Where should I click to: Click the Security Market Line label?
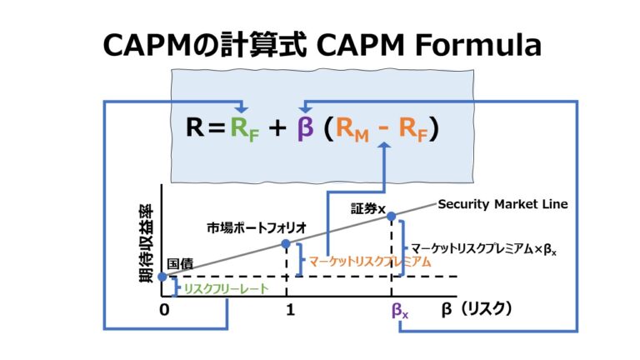point(502,203)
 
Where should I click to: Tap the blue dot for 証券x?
point(392,217)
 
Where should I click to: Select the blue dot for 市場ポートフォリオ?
point(286,244)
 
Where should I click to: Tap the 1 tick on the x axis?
point(289,311)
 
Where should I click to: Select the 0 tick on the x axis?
point(164,311)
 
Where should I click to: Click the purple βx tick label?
point(400,311)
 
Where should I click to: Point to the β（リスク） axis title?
point(476,309)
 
